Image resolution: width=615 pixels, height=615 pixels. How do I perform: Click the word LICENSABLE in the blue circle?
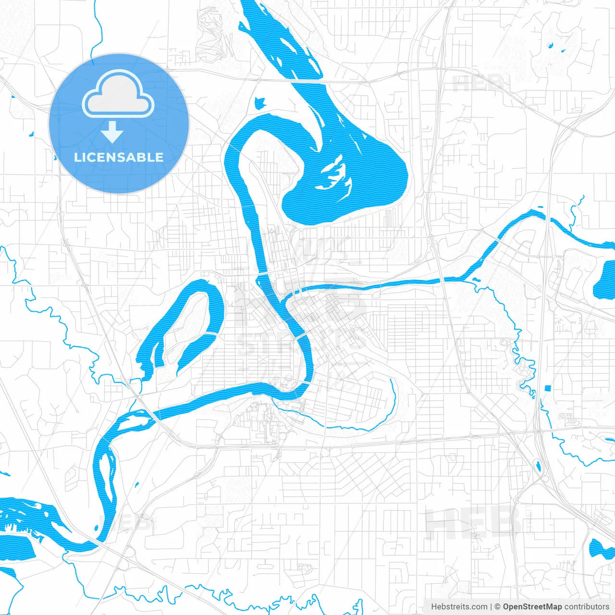[x=119, y=157]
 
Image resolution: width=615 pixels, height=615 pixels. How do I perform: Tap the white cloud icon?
[x=118, y=95]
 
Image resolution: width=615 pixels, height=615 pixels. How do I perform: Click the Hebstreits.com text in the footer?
[x=459, y=607]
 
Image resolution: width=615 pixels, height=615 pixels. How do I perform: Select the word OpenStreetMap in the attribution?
[x=532, y=607]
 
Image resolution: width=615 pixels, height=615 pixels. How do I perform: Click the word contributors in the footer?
[x=587, y=607]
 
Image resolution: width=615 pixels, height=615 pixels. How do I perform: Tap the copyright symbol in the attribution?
[x=498, y=607]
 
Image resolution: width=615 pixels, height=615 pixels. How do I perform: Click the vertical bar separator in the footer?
[x=491, y=607]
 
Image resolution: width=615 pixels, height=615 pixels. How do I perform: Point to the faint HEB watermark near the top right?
[x=478, y=84]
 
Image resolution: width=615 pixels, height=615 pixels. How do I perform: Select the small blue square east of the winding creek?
[x=547, y=388]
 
